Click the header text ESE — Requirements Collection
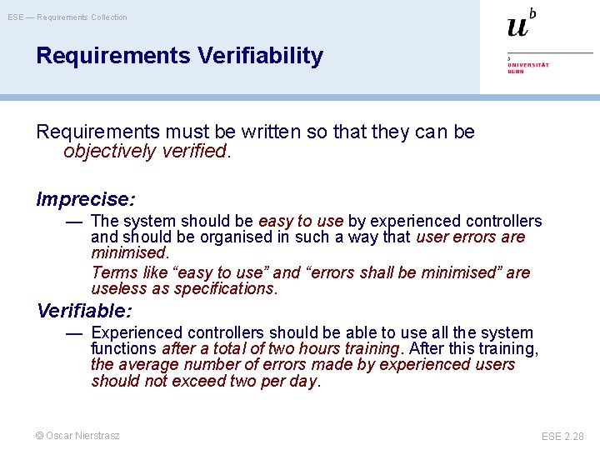67,17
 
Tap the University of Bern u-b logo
521,23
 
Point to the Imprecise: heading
86,199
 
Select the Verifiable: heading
84,311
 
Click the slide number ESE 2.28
562,436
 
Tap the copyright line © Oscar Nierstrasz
77,435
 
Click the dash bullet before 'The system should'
74,222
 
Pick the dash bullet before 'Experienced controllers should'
74,333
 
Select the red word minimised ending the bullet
128,252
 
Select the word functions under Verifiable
123,348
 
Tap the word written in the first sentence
269,131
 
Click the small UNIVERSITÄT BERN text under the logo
528,67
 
